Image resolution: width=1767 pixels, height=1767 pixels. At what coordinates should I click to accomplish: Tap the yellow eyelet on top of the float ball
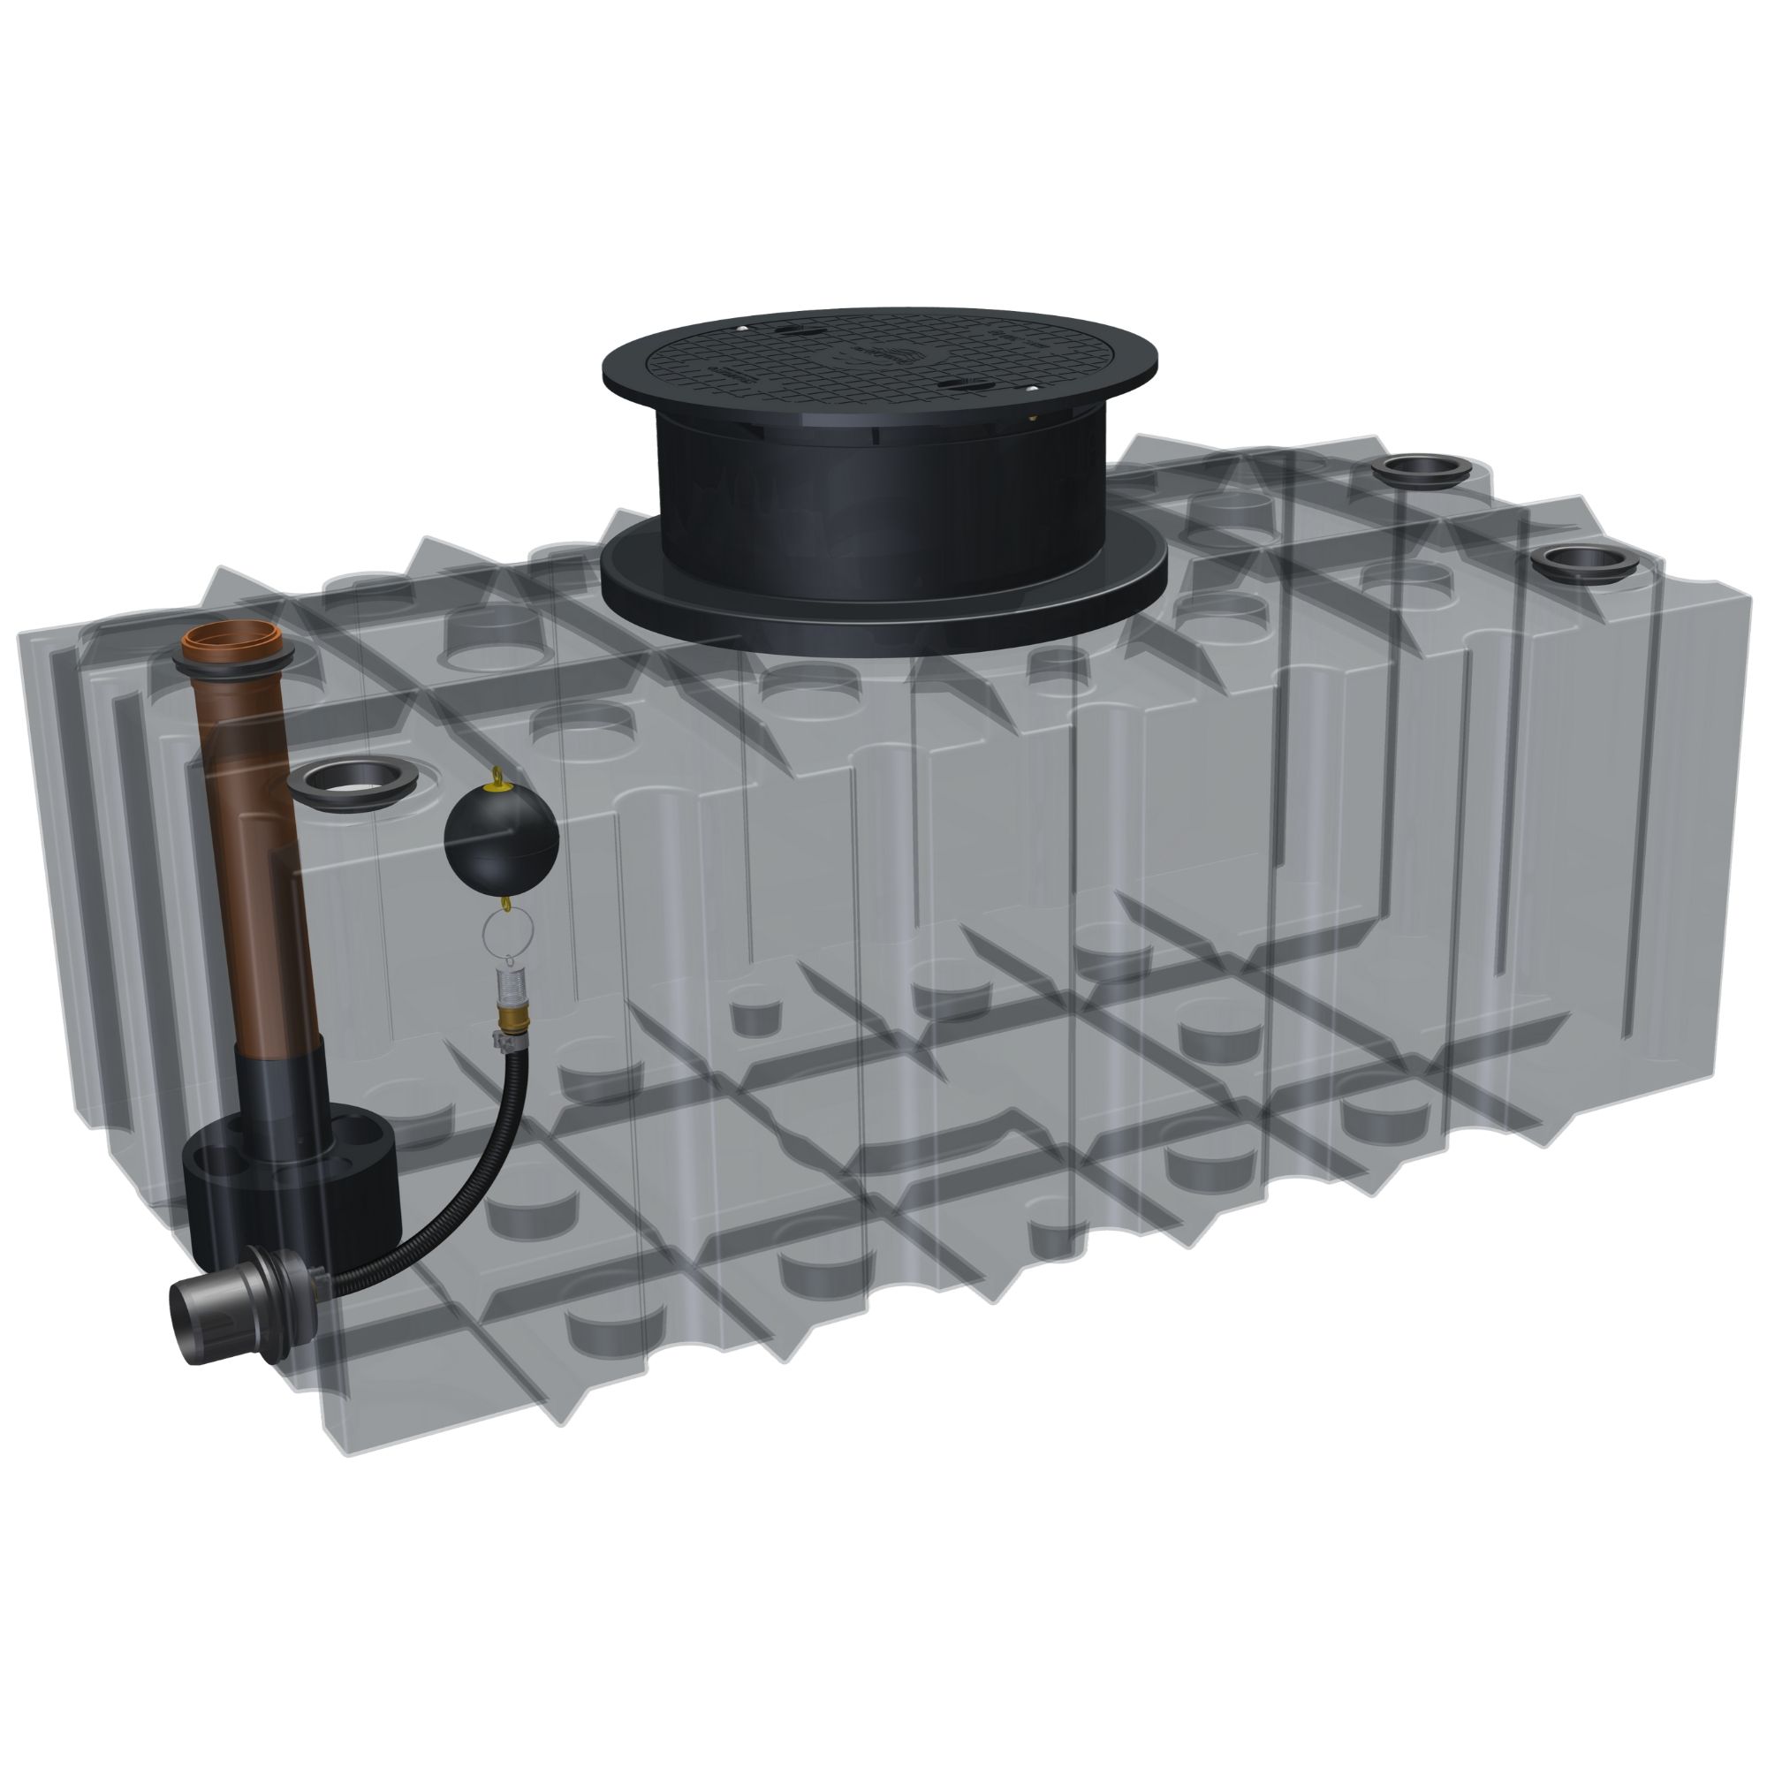[x=498, y=778]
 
